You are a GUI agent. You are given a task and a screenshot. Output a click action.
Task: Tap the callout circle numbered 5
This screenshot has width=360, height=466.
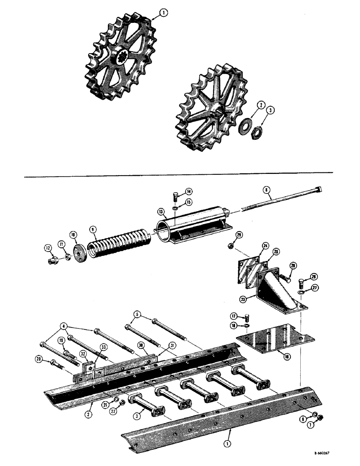pyautogui.click(x=137, y=315)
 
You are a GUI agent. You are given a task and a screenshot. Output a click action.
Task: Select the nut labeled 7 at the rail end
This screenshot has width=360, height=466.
pyautogui.click(x=321, y=418)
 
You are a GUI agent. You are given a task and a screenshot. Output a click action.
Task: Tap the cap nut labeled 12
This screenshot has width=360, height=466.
pyautogui.click(x=52, y=260)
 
